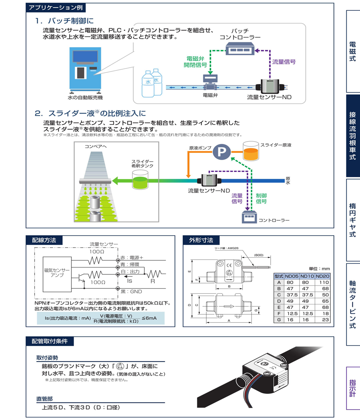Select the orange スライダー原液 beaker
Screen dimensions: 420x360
coord(250,151)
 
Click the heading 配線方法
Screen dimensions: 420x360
coord(44,240)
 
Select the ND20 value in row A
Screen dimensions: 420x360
coord(322,282)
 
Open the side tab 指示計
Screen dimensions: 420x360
coord(352,388)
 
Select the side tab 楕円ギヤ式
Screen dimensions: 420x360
coord(352,220)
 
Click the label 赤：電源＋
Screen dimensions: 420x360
coord(132,258)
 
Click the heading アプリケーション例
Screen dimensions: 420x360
coord(55,8)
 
